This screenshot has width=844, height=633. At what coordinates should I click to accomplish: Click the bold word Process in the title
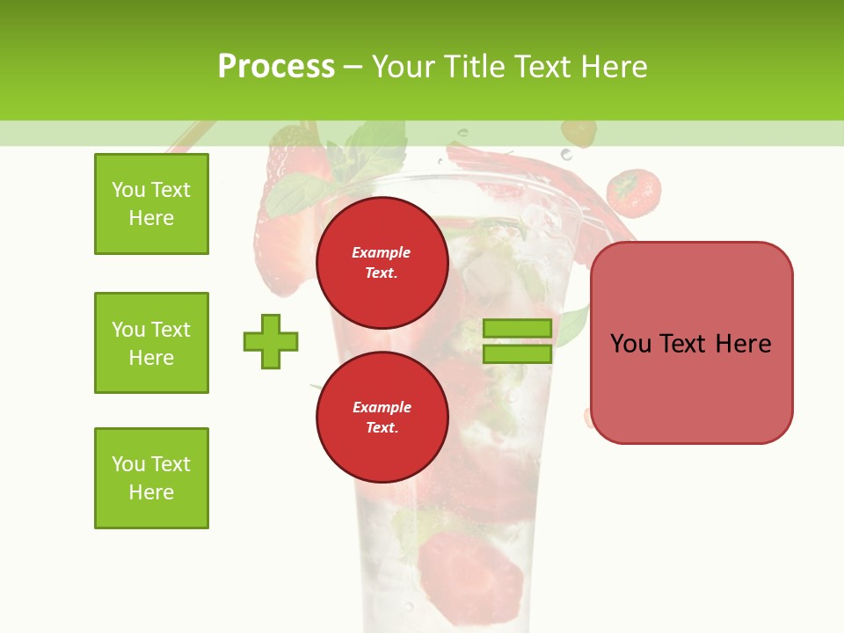(276, 67)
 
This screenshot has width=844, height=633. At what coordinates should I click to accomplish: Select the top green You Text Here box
(151, 204)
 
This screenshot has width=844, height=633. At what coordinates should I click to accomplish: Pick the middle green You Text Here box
(151, 343)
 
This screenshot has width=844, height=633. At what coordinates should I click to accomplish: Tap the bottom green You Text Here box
(151, 478)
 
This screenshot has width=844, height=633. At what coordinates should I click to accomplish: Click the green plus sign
(271, 341)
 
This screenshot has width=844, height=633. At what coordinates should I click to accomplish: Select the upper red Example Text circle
(382, 263)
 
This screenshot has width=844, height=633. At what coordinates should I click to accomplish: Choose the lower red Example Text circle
(382, 418)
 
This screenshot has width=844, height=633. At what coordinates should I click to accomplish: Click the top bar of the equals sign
(517, 329)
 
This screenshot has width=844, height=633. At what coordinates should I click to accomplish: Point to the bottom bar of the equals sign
(517, 353)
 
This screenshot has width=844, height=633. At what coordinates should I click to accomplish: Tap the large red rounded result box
(691, 387)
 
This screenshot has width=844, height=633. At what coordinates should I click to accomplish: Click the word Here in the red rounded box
(743, 344)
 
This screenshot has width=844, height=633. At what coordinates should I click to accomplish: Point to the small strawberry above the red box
(634, 193)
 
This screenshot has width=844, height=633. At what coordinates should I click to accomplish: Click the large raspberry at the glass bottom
(469, 568)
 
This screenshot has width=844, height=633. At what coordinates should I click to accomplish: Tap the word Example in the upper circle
(382, 252)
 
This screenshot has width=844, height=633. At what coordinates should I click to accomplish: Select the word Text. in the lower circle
(382, 428)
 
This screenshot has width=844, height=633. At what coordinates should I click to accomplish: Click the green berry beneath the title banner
(578, 134)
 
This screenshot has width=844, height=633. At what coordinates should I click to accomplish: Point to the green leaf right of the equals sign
(572, 326)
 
